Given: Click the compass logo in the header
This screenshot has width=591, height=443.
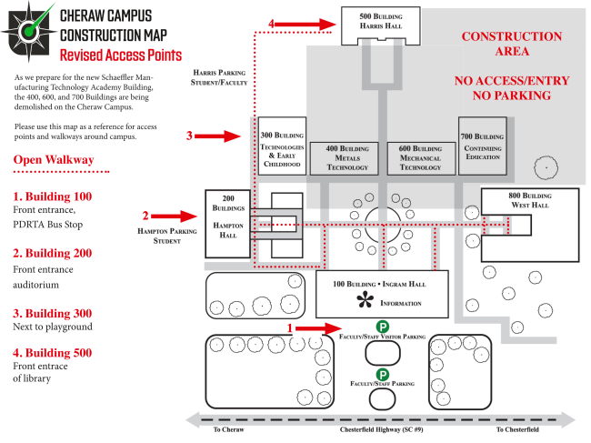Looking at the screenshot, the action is pos(29,31).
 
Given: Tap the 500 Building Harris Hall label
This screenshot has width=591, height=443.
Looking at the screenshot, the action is pos(381,21).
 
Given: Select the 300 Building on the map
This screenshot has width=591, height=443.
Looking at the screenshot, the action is pos(282,146).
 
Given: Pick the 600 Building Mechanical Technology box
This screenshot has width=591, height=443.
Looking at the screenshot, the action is pos(421,158).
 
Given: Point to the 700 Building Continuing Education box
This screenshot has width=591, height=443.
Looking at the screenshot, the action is pos(483,146).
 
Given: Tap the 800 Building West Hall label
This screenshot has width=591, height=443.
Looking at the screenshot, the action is pos(530,200).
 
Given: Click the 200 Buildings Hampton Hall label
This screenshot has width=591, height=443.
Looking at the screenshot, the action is pos(228,216).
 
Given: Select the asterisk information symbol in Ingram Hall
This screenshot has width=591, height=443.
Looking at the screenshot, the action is pos(365,300).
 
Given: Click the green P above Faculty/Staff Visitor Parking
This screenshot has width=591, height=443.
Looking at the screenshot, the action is pos(383,327).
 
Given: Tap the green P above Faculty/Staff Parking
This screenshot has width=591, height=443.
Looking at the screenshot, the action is pos(383,375).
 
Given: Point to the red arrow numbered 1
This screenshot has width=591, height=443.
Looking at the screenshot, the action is pos(318,328).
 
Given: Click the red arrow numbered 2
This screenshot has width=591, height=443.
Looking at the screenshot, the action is pos(175,216).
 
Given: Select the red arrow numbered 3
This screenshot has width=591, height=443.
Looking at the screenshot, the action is pos(218,136).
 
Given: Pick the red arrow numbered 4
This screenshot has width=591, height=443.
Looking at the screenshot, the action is pos(306,25).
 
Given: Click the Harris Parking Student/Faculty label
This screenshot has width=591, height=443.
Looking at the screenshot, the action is pos(219,77).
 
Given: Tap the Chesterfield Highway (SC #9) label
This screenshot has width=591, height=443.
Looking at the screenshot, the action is pos(382,429).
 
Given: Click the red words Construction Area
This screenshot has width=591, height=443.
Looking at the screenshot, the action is pos(512,44).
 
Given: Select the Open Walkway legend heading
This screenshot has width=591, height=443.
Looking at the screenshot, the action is pos(54,159).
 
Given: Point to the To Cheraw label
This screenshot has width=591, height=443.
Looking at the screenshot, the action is pos(228,429).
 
